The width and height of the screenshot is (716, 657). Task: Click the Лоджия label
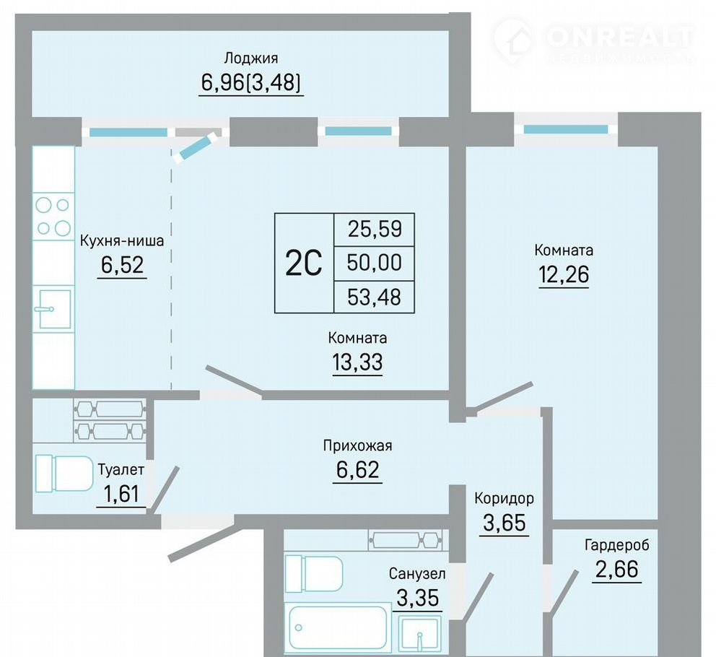(x=250, y=59)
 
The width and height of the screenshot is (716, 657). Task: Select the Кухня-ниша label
(x=122, y=240)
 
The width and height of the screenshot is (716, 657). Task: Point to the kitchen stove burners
(x=53, y=217)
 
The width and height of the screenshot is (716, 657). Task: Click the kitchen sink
(x=54, y=308)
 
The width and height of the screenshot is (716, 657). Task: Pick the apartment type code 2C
(x=304, y=264)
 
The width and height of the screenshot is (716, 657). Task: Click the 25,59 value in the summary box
(x=375, y=228)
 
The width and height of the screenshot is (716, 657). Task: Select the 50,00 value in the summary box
(x=375, y=263)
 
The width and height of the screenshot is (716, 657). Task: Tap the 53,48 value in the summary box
(x=375, y=297)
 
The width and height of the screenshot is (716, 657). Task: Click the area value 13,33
(x=357, y=362)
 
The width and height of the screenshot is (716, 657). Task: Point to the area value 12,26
(x=564, y=274)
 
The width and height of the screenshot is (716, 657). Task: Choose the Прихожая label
(x=357, y=445)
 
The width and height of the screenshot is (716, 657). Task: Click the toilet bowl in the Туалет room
(x=64, y=474)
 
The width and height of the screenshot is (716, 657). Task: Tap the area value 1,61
(x=121, y=493)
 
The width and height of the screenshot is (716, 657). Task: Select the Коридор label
(x=504, y=498)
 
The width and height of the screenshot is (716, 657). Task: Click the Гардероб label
(x=617, y=545)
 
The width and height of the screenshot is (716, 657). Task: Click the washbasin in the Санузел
(x=419, y=633)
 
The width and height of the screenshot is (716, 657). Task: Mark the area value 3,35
(x=418, y=598)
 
